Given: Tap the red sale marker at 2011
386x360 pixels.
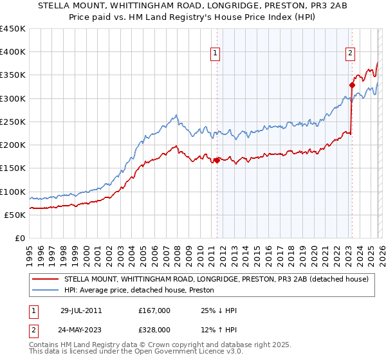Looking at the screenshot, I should pyautogui.click(x=217, y=161).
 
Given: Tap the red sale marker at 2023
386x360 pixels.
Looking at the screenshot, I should pyautogui.click(x=352, y=85).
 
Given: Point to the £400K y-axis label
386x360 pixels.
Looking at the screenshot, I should pyautogui.click(x=13, y=52).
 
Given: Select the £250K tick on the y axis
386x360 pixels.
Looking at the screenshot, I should pyautogui.click(x=13, y=122).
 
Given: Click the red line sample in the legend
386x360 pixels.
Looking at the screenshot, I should pyautogui.click(x=45, y=280).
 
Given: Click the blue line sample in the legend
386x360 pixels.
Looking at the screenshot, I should pyautogui.click(x=45, y=291).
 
